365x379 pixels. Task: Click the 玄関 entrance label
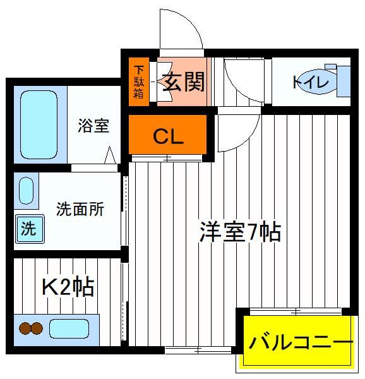pos(184,81)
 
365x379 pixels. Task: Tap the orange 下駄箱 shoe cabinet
pos(139,81)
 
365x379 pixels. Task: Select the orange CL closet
pos(167,135)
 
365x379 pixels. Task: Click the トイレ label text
pos(311,82)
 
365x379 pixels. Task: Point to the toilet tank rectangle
pos(344,81)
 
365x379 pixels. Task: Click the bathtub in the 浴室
pos(39,124)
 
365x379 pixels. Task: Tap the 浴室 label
pos(93,126)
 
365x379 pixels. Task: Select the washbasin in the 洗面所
pos(26,191)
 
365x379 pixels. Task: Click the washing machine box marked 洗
pos(30,229)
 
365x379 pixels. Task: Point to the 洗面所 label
pos(80,209)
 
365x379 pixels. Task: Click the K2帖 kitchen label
pos(68,287)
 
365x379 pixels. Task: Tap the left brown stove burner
pos(25,328)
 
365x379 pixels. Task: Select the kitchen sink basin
pos(69,328)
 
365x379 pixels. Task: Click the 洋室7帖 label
pos(240,232)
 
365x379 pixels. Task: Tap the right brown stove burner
pos(37,328)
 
